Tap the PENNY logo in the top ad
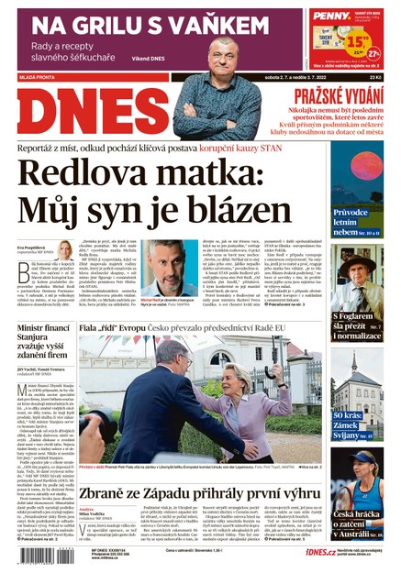[329, 16]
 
